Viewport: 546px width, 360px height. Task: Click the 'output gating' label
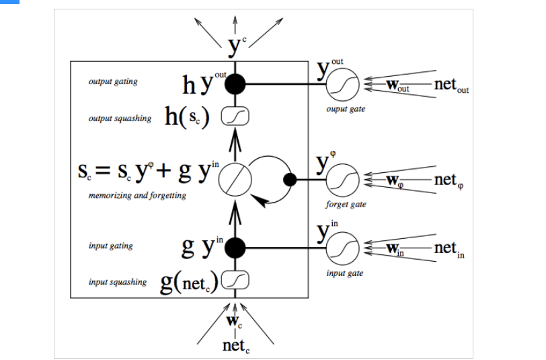(x=113, y=81)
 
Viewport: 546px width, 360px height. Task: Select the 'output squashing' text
(x=120, y=118)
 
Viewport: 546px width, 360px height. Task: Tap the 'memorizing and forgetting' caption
(x=137, y=196)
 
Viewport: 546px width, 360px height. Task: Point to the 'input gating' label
(x=111, y=246)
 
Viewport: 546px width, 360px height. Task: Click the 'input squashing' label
(x=118, y=282)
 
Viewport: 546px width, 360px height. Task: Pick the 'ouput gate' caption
(x=346, y=109)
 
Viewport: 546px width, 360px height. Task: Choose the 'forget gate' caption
(x=346, y=204)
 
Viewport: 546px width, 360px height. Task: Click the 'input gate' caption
(x=345, y=273)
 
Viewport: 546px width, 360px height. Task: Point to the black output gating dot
(x=235, y=84)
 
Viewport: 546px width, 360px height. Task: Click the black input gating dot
(x=235, y=248)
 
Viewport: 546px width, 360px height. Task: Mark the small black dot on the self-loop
(x=290, y=180)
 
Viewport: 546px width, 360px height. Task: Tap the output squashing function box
(x=235, y=116)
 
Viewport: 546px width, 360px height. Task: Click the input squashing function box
(x=235, y=280)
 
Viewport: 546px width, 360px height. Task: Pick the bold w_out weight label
(x=397, y=85)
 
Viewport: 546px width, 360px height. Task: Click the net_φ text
(x=449, y=181)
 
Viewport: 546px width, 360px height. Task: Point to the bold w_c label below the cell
(x=235, y=322)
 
